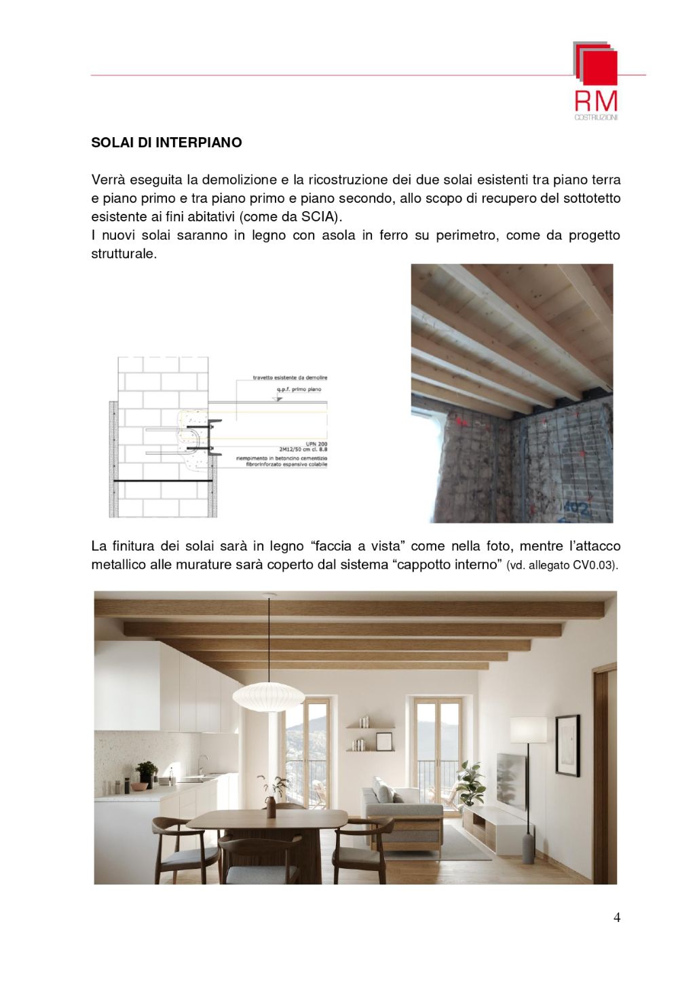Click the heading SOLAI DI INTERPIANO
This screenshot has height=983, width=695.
pyautogui.click(x=166, y=143)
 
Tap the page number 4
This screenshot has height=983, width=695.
pyautogui.click(x=616, y=918)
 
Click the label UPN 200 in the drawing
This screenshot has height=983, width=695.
pyautogui.click(x=316, y=443)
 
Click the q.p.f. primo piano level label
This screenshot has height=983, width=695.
pyautogui.click(x=299, y=390)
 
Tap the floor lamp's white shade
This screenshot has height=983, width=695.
pyautogui.click(x=528, y=730)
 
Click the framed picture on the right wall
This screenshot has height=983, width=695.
pyautogui.click(x=567, y=745)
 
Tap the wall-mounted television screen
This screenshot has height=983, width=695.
pyautogui.click(x=510, y=780)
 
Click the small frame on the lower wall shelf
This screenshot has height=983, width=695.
pyautogui.click(x=384, y=741)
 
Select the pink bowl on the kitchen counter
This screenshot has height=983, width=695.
pyautogui.click(x=139, y=785)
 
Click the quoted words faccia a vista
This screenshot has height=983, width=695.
pyautogui.click(x=358, y=546)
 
